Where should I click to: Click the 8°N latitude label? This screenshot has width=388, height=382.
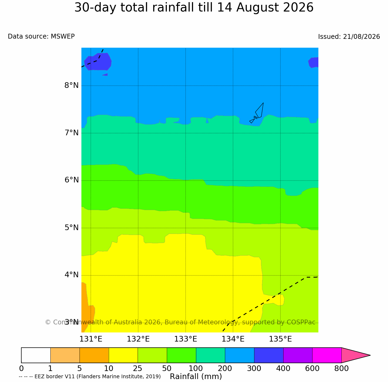[x=71, y=85]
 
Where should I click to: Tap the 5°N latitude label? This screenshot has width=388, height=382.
[x=71, y=227]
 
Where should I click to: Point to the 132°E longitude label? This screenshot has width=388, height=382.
[x=138, y=339]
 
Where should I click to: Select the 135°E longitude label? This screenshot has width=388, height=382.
[x=280, y=339]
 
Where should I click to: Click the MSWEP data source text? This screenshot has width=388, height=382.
[x=63, y=36]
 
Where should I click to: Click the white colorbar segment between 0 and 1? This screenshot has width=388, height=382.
[x=36, y=355]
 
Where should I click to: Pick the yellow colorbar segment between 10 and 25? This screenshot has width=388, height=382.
[x=123, y=355]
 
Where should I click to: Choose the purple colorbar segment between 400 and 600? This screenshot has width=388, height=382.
[x=297, y=355]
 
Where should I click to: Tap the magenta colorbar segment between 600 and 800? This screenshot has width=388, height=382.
[x=327, y=355]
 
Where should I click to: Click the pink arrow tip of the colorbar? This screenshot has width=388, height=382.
[x=370, y=355]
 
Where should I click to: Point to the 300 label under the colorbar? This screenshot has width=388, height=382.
[x=254, y=369]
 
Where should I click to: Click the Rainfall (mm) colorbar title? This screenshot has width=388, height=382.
[x=196, y=377]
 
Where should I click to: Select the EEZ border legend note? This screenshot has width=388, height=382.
[x=90, y=377]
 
